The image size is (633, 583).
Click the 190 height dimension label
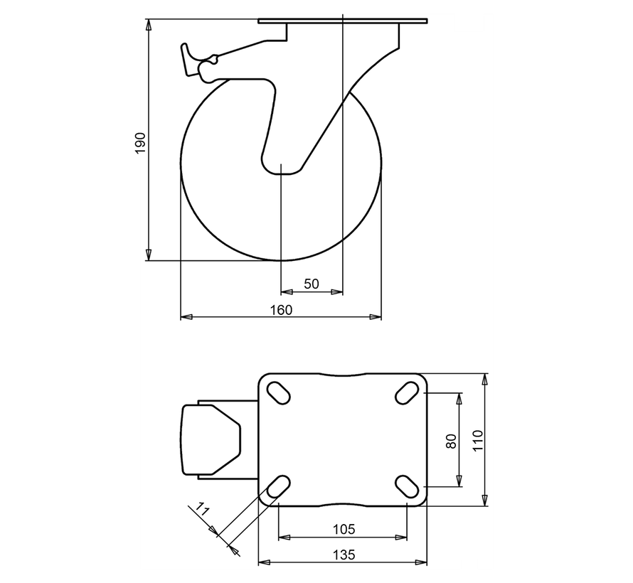tap(140, 142)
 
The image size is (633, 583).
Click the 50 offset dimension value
tap(312, 284)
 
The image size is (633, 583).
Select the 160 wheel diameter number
tap(281, 310)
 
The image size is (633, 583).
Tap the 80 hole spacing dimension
tap(450, 440)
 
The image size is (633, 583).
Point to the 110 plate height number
tap(477, 440)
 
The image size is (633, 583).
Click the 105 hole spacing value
tap(343, 529)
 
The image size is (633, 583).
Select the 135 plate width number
tap(343, 555)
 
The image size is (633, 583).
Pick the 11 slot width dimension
tap(202, 509)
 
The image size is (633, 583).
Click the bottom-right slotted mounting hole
tap(407, 486)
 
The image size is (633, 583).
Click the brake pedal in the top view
tap(211, 439)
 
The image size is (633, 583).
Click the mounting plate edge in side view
tap(343, 21)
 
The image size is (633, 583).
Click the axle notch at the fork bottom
tap(282, 171)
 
